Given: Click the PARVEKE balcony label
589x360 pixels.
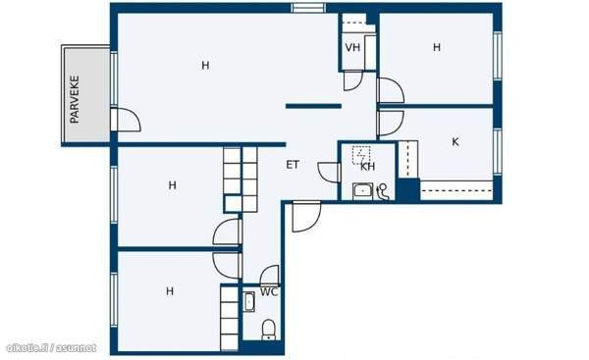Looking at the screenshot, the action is click(x=75, y=99).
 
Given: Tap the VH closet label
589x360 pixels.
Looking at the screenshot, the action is click(x=352, y=48).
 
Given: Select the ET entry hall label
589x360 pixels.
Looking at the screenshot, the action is click(x=293, y=165).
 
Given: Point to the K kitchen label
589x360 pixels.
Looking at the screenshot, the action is click(x=455, y=142).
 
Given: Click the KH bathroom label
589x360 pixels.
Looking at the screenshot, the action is click(x=367, y=167).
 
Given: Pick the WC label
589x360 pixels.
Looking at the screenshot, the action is click(x=269, y=291).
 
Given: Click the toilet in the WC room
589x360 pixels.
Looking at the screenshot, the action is click(x=268, y=330).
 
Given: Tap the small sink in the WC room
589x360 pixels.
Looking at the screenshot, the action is click(x=249, y=302).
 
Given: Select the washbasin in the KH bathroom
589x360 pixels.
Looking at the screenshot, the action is click(x=362, y=191).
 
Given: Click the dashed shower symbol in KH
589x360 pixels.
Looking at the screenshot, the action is click(x=361, y=155).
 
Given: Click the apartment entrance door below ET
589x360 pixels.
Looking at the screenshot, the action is click(x=306, y=217).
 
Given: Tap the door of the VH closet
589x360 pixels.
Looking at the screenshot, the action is click(x=352, y=80).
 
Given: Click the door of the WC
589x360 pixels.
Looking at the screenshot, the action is click(x=270, y=275).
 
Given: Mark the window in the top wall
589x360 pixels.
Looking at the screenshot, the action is click(x=308, y=8).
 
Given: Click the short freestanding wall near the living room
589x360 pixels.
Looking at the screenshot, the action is click(x=314, y=106).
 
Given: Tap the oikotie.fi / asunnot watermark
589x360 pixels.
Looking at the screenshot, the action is click(x=51, y=348).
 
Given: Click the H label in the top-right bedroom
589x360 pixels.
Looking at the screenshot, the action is click(x=437, y=47).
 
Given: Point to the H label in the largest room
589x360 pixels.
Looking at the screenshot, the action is click(x=205, y=66).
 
